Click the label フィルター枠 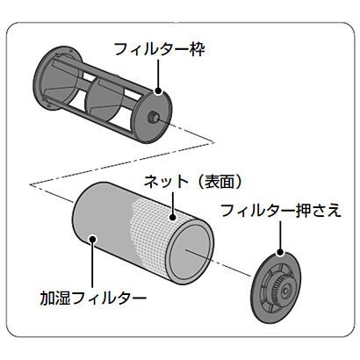tap(160, 49)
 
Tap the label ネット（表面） tap(193, 182)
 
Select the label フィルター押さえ tap(281, 211)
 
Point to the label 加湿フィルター tap(93, 299)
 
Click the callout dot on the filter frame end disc tap(158, 91)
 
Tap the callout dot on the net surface tap(173, 218)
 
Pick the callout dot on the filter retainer tap(280, 252)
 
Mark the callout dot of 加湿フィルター tap(92, 239)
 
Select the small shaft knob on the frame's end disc tap(154, 116)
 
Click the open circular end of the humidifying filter tap(191, 251)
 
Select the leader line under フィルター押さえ tap(280, 234)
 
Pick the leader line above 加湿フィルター tap(92, 264)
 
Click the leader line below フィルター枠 tap(158, 74)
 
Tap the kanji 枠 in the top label tap(198, 49)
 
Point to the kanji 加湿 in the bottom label tap(55, 299)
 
